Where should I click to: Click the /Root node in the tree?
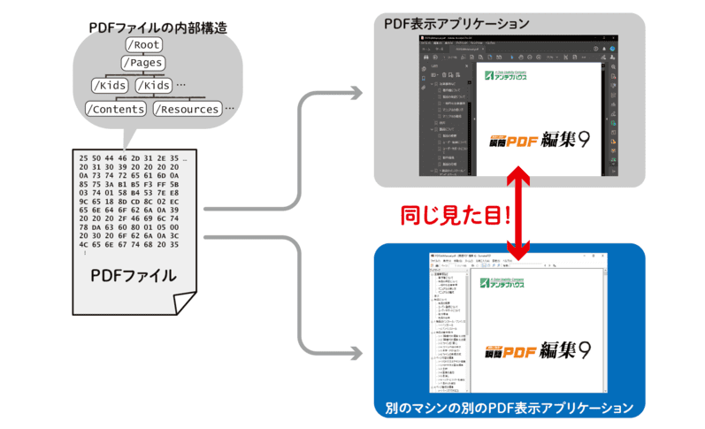(x=144, y=44)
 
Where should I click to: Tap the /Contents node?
(x=115, y=109)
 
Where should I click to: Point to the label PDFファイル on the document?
(x=134, y=276)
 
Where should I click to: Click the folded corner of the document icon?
(x=187, y=303)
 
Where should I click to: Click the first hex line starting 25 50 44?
(x=133, y=157)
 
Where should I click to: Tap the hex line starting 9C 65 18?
(x=133, y=202)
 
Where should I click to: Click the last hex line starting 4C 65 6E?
(x=133, y=246)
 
